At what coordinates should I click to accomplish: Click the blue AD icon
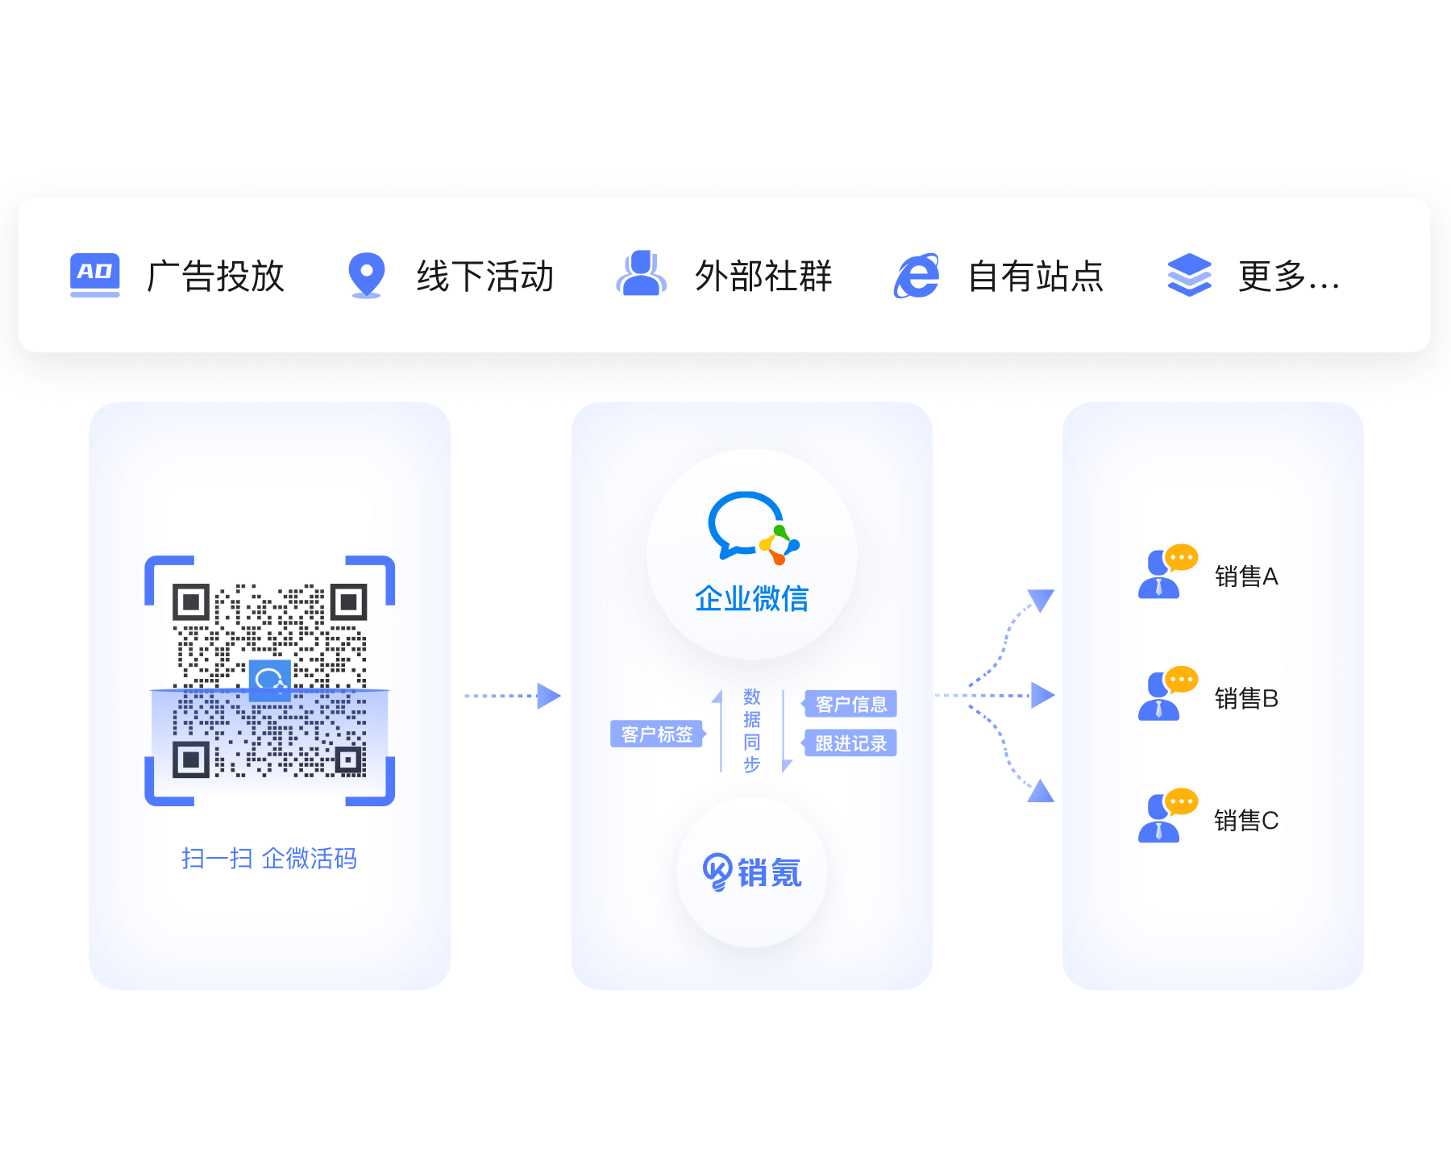[x=95, y=274]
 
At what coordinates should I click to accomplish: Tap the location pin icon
[x=366, y=274]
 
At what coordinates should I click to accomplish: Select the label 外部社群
[x=763, y=276]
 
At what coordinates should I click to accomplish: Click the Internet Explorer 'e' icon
[x=917, y=276]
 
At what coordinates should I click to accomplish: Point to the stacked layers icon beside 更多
[x=1189, y=275]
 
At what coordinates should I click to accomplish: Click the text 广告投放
[x=215, y=276]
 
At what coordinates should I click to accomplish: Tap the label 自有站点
[x=1035, y=276]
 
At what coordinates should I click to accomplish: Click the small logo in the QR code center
[x=270, y=680]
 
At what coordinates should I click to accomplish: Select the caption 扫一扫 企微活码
[x=269, y=859]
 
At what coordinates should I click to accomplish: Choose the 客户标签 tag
[x=657, y=734]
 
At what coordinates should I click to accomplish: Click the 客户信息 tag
[x=850, y=704]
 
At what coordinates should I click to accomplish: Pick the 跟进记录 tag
[x=850, y=743]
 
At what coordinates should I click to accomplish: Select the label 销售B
[x=1246, y=698]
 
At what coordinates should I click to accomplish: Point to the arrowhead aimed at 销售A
[x=1041, y=600]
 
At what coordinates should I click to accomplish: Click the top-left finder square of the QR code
[x=191, y=602]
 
